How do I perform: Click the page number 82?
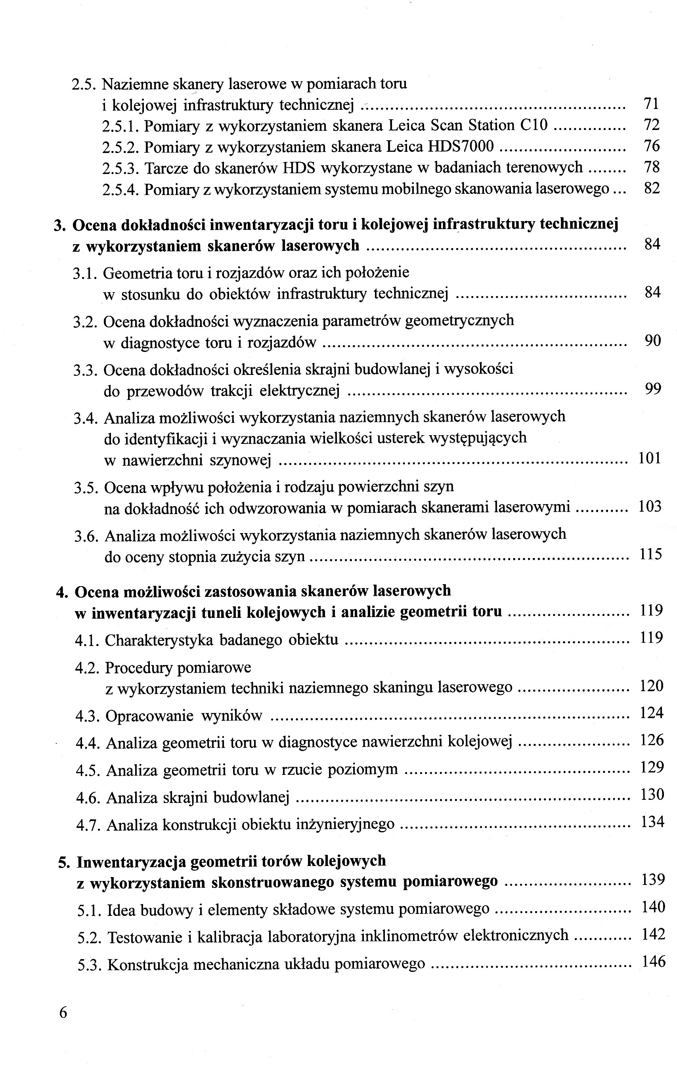coord(652,189)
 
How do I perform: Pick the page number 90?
coord(652,341)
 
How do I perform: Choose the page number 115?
coord(650,555)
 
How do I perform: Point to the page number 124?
coord(652,713)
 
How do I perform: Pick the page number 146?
coord(653,961)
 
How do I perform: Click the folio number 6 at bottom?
coord(63,1013)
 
